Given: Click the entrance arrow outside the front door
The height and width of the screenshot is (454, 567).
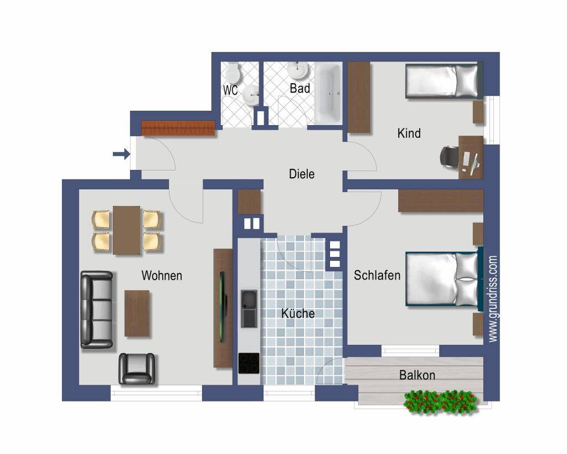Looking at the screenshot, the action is click(121, 154).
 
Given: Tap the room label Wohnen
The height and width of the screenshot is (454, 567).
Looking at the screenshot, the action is click(162, 276).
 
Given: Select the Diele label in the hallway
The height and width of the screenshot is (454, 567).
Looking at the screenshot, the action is click(302, 174).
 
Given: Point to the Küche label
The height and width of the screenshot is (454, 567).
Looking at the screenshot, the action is click(298, 313).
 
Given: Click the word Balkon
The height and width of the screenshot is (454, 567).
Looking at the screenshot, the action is click(417, 375).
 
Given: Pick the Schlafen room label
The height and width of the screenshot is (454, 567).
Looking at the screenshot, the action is click(377, 275).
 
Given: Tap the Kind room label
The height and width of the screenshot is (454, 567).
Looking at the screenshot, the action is click(409, 133).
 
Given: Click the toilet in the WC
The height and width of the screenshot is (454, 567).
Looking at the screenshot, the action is click(233, 73).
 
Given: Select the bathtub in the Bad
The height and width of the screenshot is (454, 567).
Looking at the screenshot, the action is click(328, 93).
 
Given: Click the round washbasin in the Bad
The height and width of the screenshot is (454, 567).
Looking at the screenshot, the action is click(298, 70).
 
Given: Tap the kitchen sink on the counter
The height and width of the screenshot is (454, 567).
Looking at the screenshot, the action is click(249, 309).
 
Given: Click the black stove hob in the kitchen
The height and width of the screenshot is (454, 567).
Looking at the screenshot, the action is click(249, 363).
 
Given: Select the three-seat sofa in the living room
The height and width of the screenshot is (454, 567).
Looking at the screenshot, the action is click(96, 310).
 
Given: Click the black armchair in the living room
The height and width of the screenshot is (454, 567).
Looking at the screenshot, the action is click(137, 368).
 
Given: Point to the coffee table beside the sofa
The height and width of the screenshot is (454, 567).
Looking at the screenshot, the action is click(137, 313).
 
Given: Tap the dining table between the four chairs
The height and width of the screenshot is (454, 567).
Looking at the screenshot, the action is click(127, 230).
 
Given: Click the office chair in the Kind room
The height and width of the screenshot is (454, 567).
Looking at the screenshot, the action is click(449, 157).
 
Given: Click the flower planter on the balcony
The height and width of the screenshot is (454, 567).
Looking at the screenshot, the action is click(440, 401).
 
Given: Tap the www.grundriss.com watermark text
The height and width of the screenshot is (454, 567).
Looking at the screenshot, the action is click(493, 298).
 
